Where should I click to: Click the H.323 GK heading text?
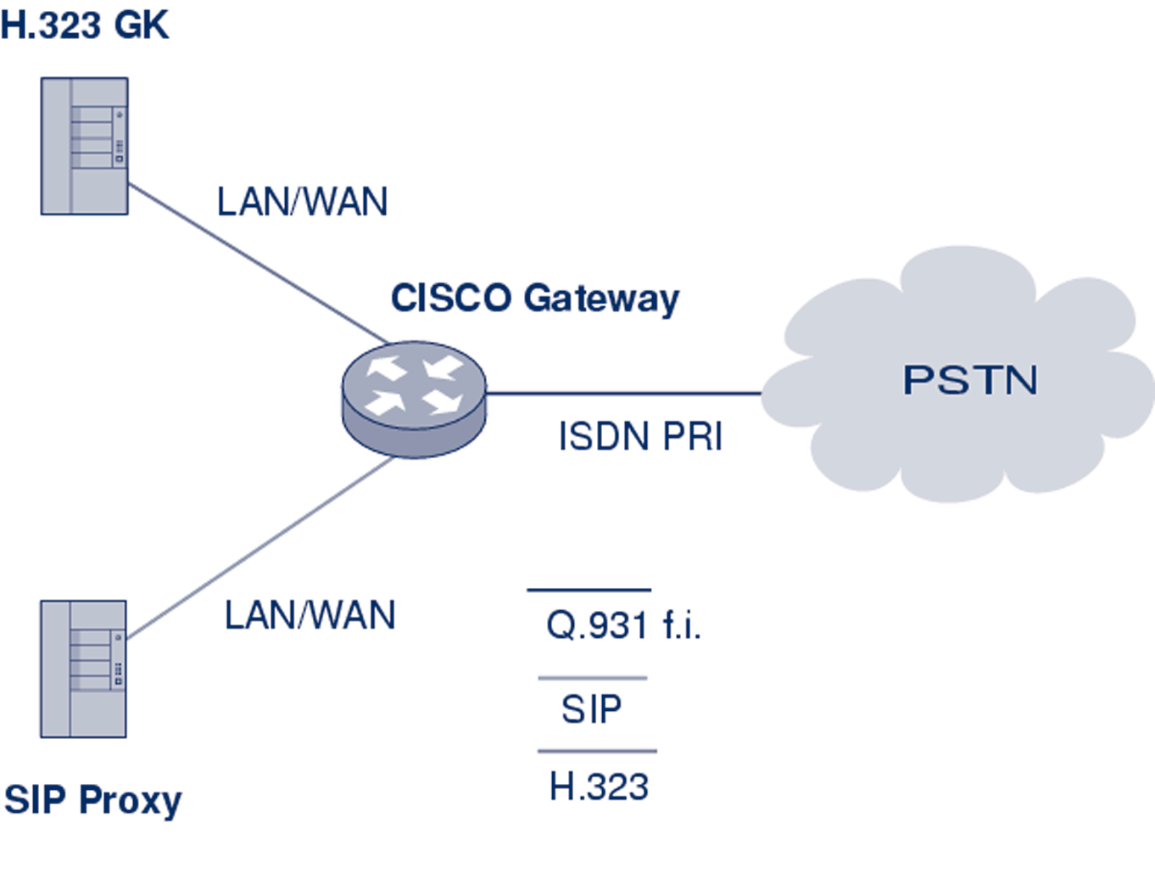tap(85, 25)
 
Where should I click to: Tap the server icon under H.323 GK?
tap(85, 146)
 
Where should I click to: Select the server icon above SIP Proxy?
tap(84, 669)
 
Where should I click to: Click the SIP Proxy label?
tap(93, 800)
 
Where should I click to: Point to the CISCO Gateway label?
tap(534, 299)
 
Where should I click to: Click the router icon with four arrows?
tap(414, 399)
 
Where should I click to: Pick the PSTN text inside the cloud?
tap(970, 380)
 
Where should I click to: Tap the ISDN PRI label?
tap(640, 437)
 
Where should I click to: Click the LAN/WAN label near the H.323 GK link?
tap(303, 202)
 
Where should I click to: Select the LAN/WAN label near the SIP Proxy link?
tap(310, 615)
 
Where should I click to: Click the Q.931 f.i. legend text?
tap(623, 625)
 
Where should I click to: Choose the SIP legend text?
tap(592, 708)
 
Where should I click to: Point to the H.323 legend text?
tap(599, 787)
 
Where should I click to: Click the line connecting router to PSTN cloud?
tap(623, 394)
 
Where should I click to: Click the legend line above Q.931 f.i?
tap(589, 590)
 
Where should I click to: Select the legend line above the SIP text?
tap(593, 678)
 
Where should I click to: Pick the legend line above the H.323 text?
tap(597, 751)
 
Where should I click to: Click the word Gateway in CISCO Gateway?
tap(601, 299)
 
